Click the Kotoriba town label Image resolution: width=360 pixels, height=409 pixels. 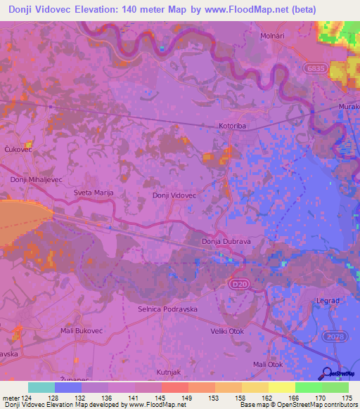(231, 127)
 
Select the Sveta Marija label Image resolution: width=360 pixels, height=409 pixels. (94, 192)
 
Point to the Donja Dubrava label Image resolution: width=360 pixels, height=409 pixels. (221, 242)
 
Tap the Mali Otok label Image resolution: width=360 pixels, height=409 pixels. (267, 364)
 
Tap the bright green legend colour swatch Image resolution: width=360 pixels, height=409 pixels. (309, 387)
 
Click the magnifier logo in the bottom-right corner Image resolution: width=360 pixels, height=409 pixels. (327, 374)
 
